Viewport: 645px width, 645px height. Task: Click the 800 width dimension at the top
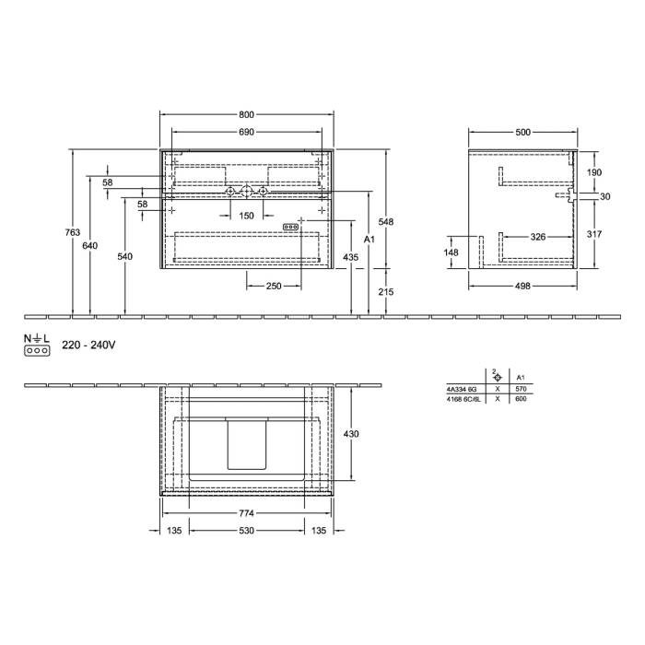point(246,115)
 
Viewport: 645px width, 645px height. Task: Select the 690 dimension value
point(246,133)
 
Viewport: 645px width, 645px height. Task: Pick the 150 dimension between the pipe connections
point(246,216)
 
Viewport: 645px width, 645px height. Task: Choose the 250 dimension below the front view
point(273,287)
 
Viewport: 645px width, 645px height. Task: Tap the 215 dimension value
point(386,291)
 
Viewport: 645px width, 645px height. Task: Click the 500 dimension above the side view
point(522,133)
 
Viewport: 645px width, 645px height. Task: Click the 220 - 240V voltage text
point(88,346)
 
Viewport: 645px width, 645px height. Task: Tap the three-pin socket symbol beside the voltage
point(36,351)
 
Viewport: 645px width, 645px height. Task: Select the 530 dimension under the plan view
point(246,531)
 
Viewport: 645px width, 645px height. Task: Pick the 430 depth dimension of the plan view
point(351,433)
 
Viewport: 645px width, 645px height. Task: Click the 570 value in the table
point(522,390)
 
